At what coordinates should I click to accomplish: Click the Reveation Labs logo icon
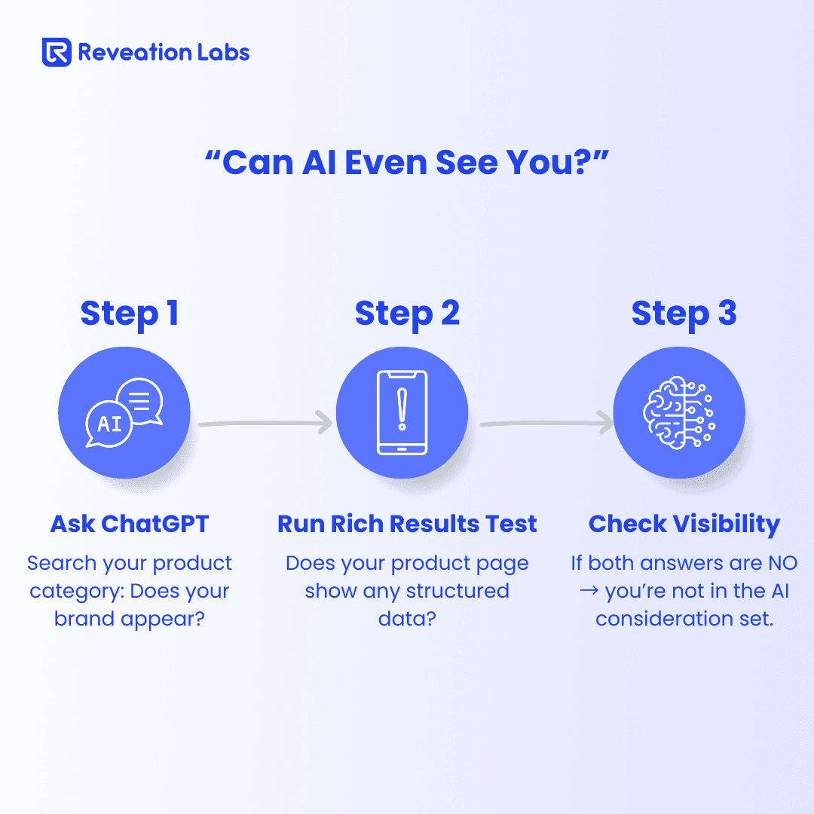[x=57, y=52]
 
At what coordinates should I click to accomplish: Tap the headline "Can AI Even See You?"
[x=406, y=162]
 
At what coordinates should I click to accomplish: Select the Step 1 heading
[x=130, y=314]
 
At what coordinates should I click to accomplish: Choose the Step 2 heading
[x=407, y=314]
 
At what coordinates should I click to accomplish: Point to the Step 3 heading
[x=684, y=314]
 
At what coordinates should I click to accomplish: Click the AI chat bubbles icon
[x=124, y=412]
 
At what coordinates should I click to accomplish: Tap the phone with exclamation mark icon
[x=402, y=413]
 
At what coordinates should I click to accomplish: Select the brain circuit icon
[x=679, y=413]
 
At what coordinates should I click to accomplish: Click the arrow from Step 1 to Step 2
[x=265, y=423]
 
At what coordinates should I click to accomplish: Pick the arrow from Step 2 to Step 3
[x=546, y=423]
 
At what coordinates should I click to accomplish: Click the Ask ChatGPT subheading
[x=130, y=524]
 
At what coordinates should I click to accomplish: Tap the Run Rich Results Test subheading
[x=407, y=524]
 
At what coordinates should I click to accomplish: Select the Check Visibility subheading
[x=684, y=525]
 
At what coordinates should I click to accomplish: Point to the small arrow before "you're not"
[x=589, y=592]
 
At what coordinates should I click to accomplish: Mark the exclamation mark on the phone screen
[x=402, y=409]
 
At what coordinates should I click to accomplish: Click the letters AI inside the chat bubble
[x=109, y=424]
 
